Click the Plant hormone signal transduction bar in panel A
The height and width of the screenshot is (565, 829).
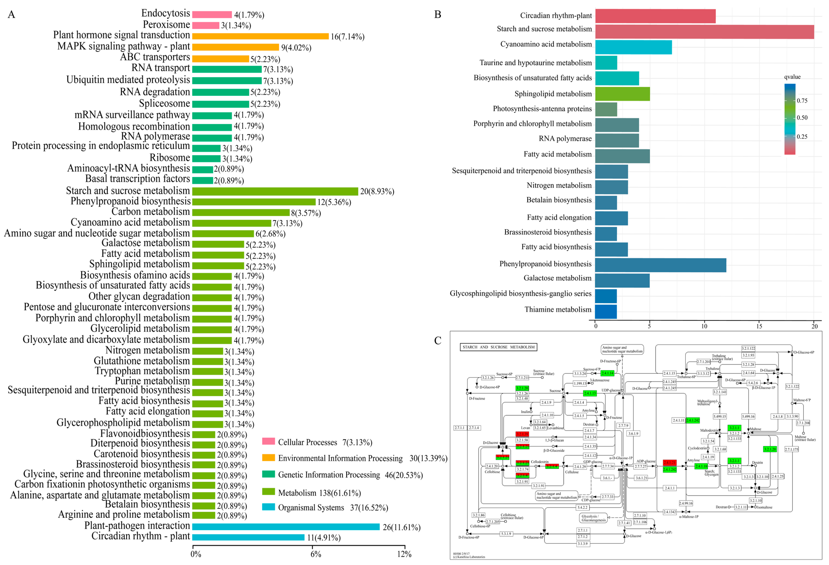(x=260, y=36)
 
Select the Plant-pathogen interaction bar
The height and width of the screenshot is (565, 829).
(x=285, y=527)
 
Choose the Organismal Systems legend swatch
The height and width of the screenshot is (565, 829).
(x=268, y=507)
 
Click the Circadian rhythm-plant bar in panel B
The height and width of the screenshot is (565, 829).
(x=655, y=16)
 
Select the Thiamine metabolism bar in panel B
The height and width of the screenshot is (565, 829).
(x=606, y=311)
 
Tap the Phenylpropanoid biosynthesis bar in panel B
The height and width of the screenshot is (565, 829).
(x=660, y=265)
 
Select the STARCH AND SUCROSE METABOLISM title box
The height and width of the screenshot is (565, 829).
(x=498, y=347)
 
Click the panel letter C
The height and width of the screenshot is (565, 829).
(x=438, y=341)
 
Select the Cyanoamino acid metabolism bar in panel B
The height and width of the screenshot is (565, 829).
(x=633, y=47)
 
